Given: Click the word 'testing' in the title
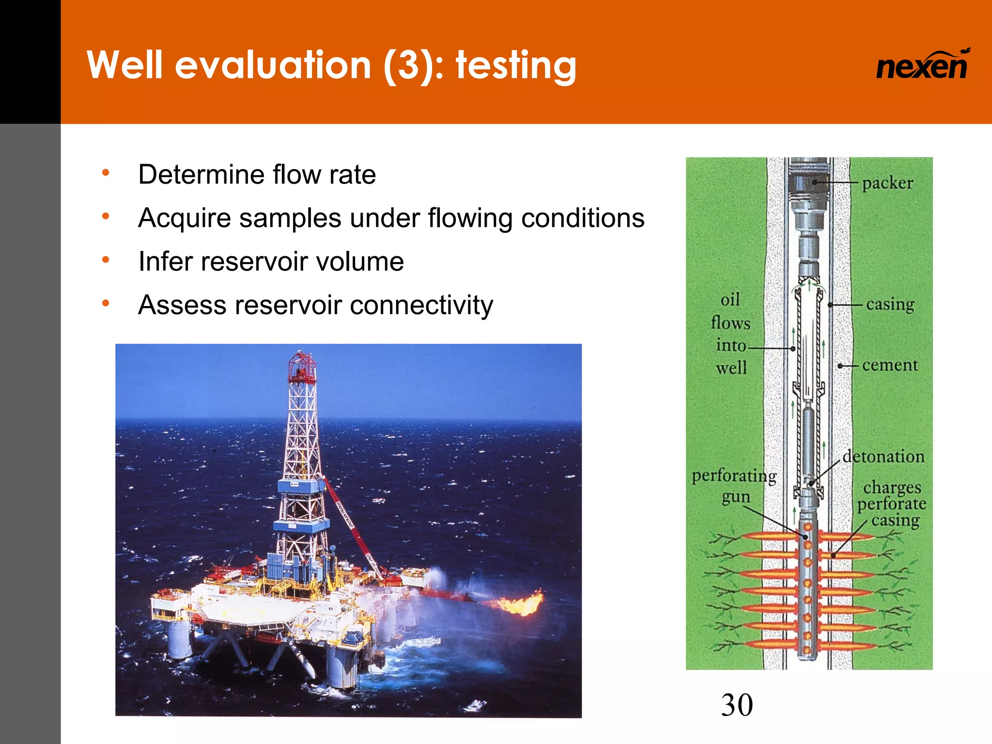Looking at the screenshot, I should pyautogui.click(x=515, y=66).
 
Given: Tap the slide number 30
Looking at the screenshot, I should pyautogui.click(x=737, y=705).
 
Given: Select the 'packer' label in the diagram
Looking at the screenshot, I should pyautogui.click(x=887, y=183).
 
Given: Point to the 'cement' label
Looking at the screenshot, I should pyautogui.click(x=890, y=365).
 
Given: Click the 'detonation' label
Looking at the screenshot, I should pyautogui.click(x=883, y=456).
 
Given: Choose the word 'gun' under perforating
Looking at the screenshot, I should pyautogui.click(x=736, y=497).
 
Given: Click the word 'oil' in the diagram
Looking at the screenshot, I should pyautogui.click(x=730, y=300).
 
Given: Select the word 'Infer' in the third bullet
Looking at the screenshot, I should pyautogui.click(x=165, y=262).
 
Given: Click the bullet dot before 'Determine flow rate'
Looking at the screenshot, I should pyautogui.click(x=106, y=172).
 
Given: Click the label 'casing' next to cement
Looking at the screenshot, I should pyautogui.click(x=890, y=304).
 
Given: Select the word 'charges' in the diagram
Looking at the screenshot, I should pyautogui.click(x=892, y=487).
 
